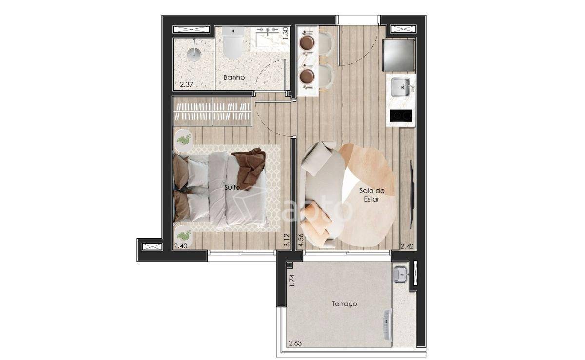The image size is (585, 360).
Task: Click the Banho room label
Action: pyautogui.click(x=234, y=77)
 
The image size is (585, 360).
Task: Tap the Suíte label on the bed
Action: pyautogui.click(x=232, y=187)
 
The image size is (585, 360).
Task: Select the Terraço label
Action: pyautogui.click(x=345, y=304)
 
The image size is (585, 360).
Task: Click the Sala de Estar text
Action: pyautogui.click(x=371, y=195)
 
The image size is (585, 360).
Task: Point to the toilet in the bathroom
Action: pyautogui.click(x=233, y=43)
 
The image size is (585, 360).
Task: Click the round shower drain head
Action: pyautogui.click(x=194, y=55)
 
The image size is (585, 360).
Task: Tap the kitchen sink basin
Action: pyautogui.click(x=400, y=88)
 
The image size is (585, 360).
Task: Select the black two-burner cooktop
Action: pyautogui.click(x=401, y=115)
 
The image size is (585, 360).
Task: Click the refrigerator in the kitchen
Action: pyautogui.click(x=399, y=55)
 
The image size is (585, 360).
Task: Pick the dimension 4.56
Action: pyautogui.click(x=301, y=240)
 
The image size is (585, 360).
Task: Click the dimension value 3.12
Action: pyautogui.click(x=287, y=240)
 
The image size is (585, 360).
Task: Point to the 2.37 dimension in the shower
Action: pyautogui.click(x=186, y=84)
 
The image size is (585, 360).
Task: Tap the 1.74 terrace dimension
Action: pyautogui.click(x=292, y=281)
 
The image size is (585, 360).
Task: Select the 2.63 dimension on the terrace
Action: pyautogui.click(x=295, y=343)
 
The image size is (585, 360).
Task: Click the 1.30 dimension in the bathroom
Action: pyautogui.click(x=286, y=33)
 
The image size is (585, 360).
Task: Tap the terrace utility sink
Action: pyautogui.click(x=400, y=275)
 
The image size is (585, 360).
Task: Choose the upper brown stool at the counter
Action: pyautogui.click(x=307, y=42)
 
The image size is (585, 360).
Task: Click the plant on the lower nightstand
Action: pyautogui.click(x=184, y=236)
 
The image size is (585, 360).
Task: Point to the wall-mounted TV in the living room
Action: pyautogui.click(x=412, y=195)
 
